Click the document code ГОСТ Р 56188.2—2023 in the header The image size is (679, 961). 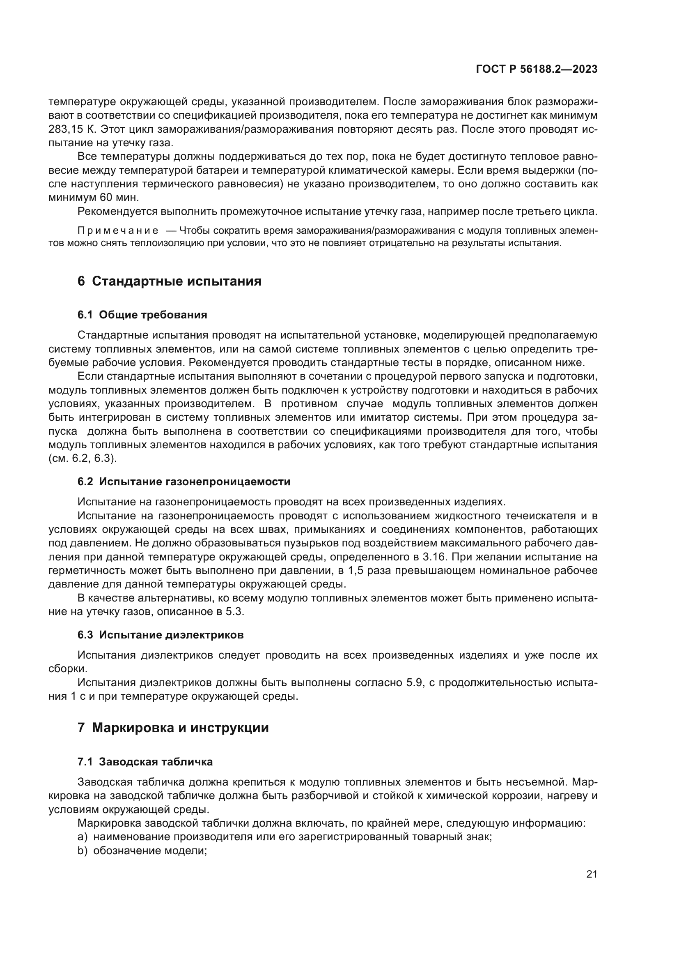[x=537, y=69]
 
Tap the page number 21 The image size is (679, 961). [x=592, y=874]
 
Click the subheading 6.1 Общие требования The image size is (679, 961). [x=142, y=315]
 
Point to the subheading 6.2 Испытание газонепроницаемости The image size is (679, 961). [x=184, y=482]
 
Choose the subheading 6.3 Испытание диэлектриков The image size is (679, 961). [x=161, y=634]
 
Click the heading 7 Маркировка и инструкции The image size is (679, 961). [x=173, y=728]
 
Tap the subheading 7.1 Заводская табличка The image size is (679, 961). [x=145, y=761]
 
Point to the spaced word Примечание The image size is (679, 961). [x=118, y=231]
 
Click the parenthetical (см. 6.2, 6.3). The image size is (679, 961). [x=83, y=459]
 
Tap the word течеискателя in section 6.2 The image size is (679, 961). [x=542, y=516]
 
